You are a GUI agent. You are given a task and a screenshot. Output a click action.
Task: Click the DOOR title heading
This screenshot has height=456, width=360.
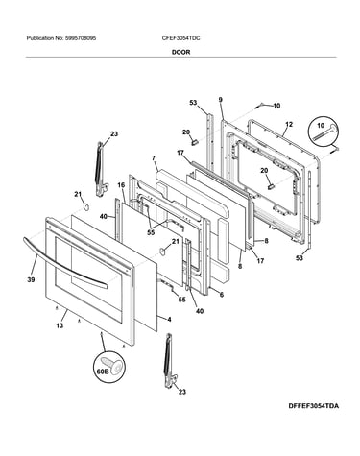180,52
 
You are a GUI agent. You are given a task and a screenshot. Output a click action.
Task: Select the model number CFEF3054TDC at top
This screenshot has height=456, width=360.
180,38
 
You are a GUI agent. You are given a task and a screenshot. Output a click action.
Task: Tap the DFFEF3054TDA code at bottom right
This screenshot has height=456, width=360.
313,406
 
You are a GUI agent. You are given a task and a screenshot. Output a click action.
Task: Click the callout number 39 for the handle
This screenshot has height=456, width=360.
31,279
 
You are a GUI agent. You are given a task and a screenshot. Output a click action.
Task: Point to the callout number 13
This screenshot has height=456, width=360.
60,325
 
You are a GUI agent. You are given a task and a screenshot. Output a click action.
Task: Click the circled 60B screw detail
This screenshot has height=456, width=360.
108,368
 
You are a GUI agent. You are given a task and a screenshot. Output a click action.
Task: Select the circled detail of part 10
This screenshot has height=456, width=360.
324,132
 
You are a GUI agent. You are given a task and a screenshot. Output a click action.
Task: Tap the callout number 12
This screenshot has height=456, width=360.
289,124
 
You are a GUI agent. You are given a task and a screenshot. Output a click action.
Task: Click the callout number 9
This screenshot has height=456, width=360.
221,100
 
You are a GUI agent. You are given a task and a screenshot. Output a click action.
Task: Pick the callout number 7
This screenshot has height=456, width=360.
154,158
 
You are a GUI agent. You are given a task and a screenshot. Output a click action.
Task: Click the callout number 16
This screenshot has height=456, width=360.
121,185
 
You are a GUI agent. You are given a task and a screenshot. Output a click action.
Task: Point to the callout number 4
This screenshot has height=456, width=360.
169,320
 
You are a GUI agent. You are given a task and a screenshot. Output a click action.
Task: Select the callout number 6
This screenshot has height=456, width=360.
222,295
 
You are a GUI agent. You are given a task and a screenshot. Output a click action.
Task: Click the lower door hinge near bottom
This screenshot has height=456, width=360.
171,360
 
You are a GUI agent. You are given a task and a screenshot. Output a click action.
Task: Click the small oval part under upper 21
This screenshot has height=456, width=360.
85,207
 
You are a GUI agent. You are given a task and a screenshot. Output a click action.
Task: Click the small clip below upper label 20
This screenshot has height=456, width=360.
194,142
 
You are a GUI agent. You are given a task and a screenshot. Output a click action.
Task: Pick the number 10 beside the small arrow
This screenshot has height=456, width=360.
276,106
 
